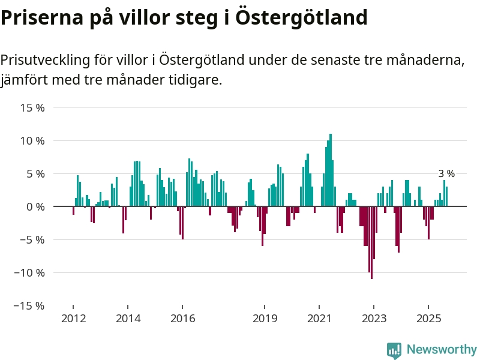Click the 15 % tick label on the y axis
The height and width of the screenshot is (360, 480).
(32, 108)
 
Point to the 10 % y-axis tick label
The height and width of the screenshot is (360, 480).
(32, 141)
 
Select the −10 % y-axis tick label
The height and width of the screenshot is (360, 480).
(30, 272)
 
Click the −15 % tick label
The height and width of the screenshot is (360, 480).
(30, 305)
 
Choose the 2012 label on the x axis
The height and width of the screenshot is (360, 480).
(73, 318)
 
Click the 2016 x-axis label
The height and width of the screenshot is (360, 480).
(182, 318)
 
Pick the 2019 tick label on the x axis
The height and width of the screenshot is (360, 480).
(265, 318)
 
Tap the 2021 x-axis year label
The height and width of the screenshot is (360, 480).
(319, 318)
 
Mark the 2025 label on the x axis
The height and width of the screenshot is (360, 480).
(428, 318)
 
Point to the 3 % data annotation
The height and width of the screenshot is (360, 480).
(446, 174)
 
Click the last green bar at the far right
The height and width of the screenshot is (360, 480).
(446, 196)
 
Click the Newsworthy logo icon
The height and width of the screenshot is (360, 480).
(394, 350)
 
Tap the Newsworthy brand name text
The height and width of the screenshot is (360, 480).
(442, 349)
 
